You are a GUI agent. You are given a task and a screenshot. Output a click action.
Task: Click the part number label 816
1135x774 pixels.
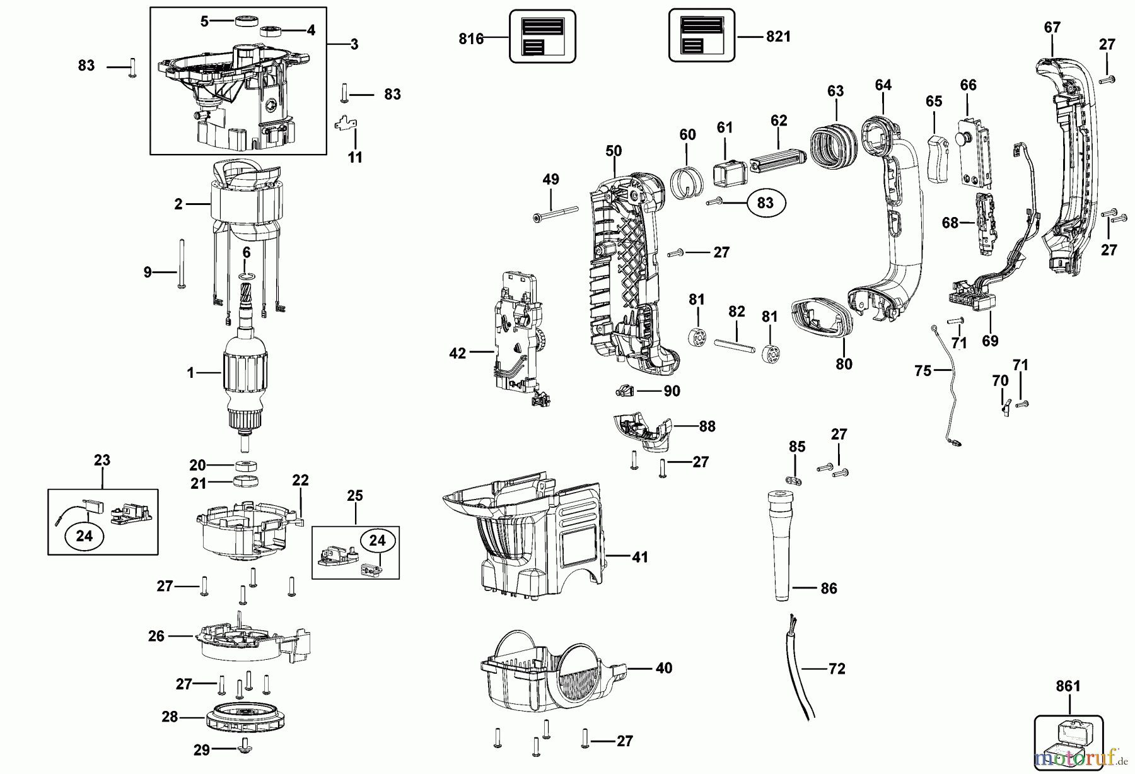470,39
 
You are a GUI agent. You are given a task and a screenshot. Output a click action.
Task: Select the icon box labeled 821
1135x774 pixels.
701,36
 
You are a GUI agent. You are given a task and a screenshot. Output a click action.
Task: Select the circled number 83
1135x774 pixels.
765,202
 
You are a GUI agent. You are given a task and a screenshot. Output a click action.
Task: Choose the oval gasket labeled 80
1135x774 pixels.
822,316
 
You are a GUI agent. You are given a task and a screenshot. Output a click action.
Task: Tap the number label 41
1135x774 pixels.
639,557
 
